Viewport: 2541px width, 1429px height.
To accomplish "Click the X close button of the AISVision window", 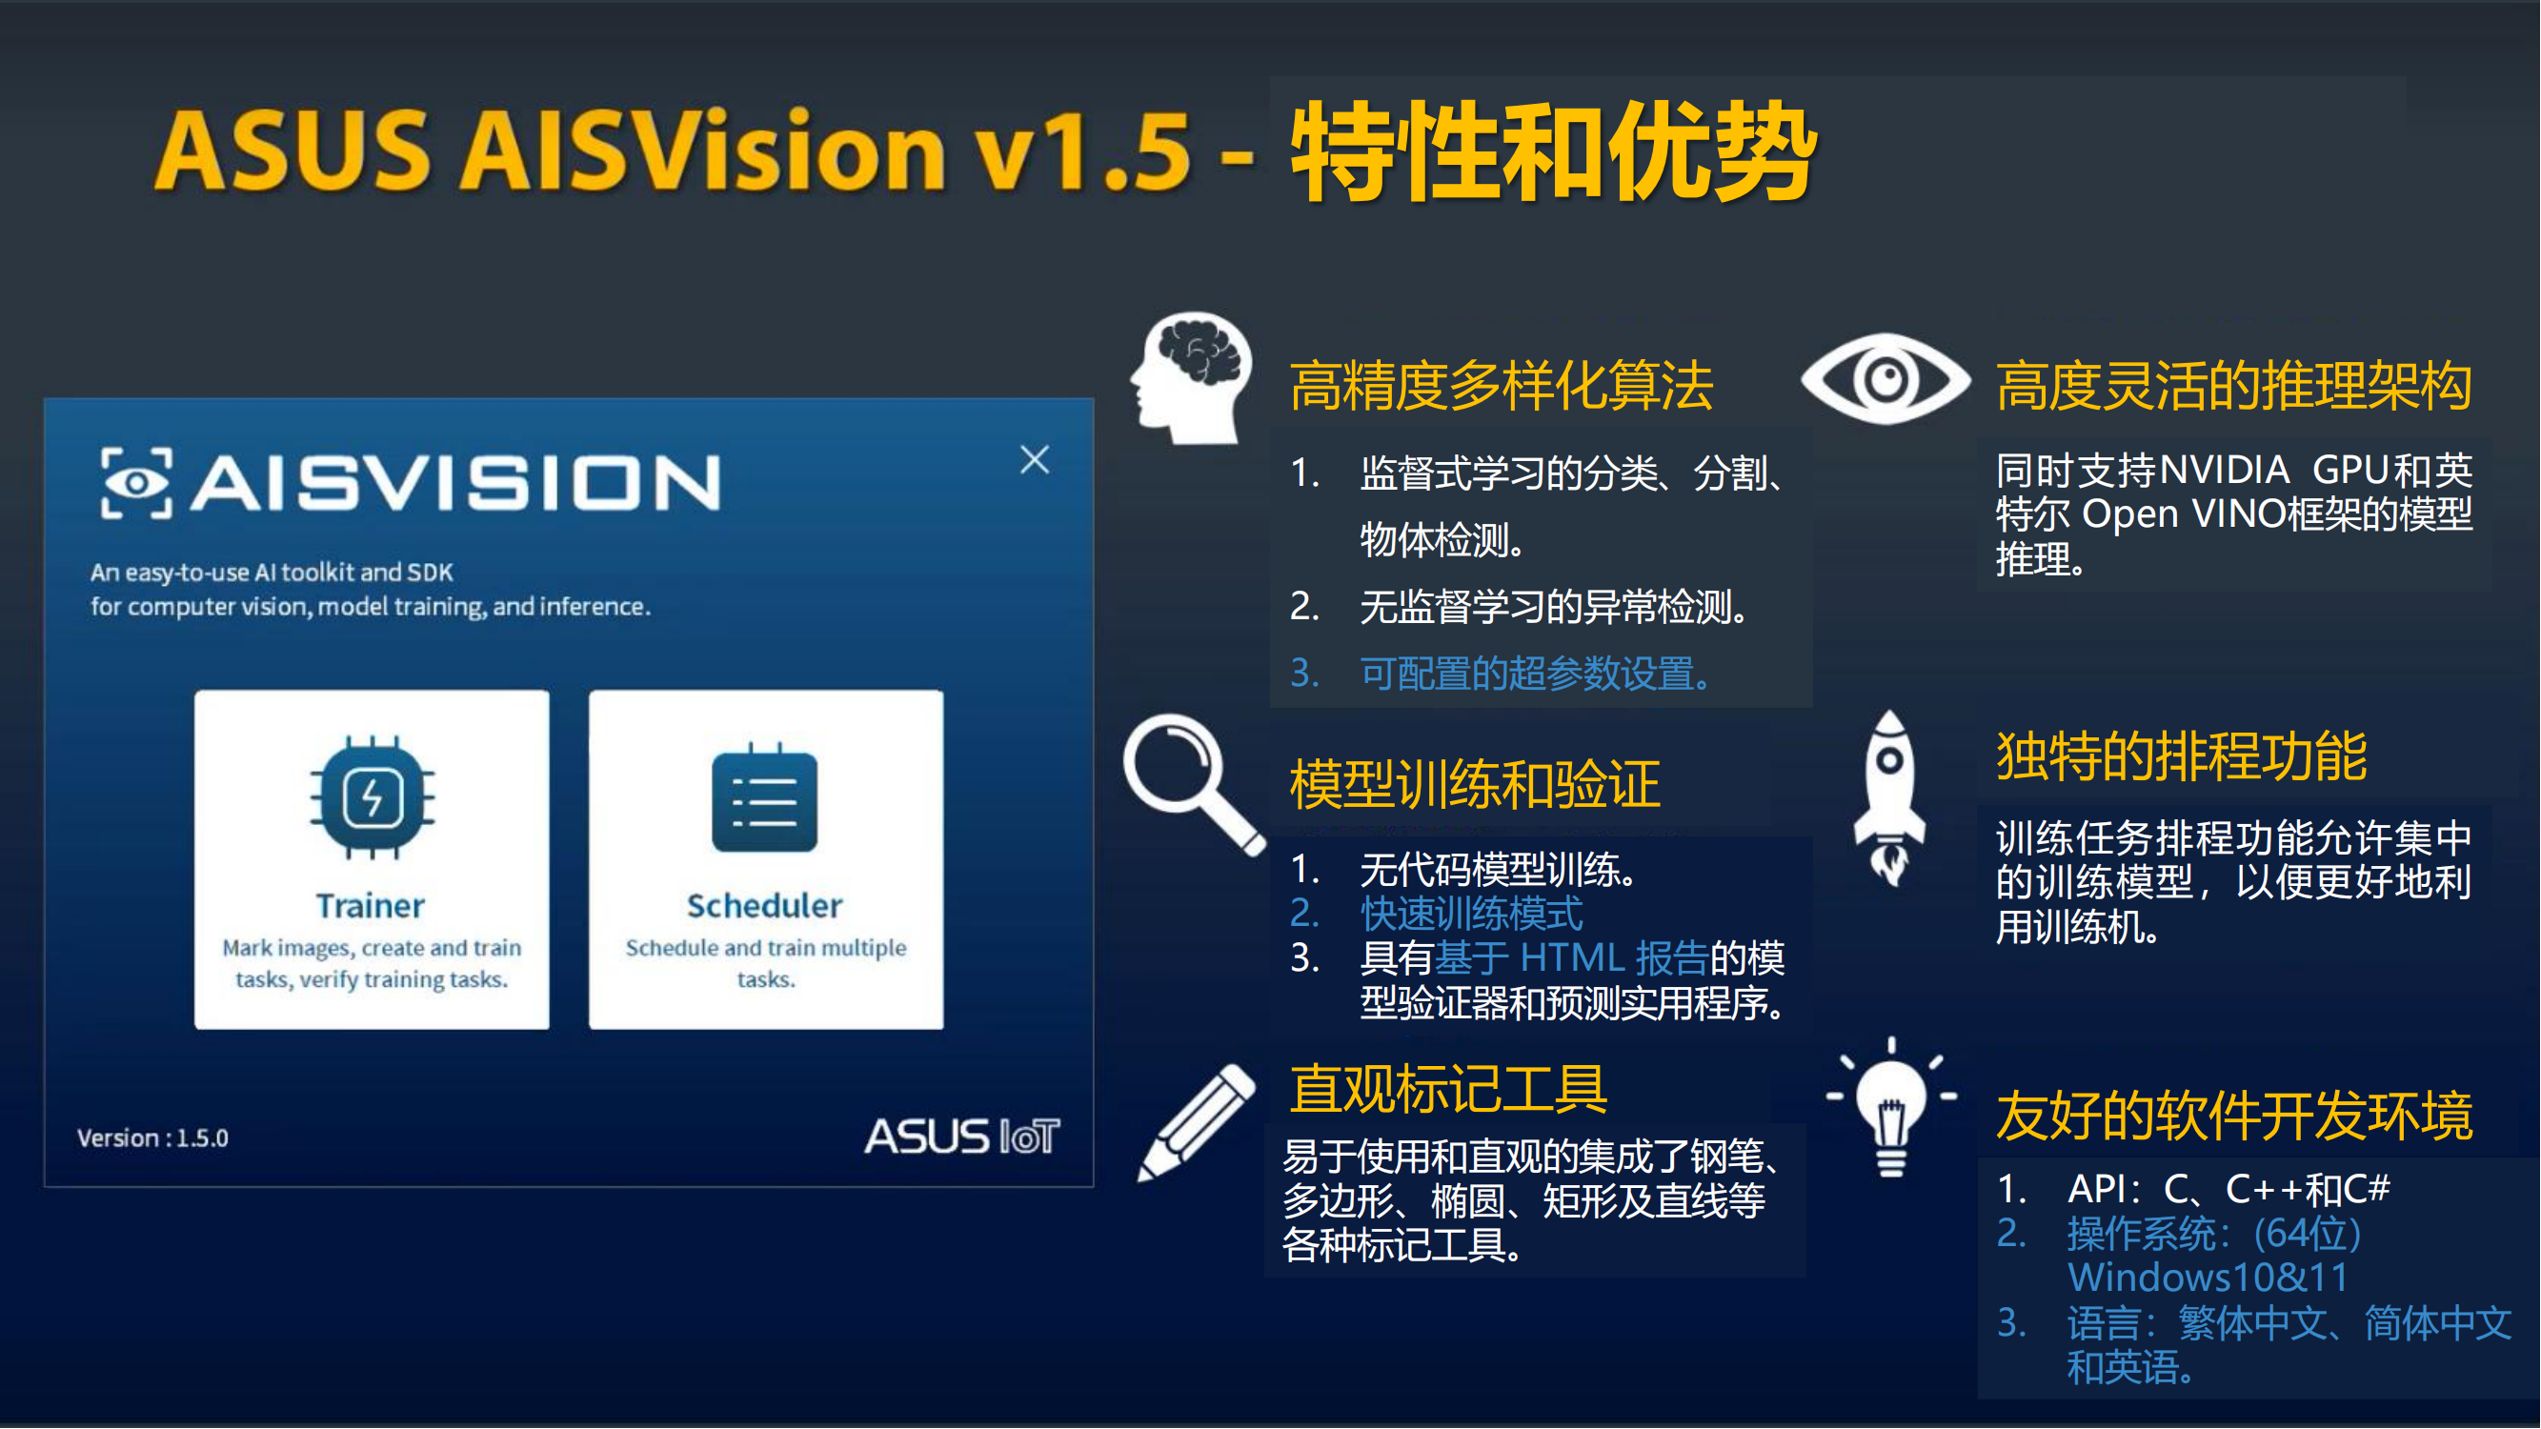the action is click(x=1035, y=459).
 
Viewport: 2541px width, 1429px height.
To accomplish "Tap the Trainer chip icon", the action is click(x=372, y=796).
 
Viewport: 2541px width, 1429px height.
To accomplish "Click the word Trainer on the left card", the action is click(x=370, y=905).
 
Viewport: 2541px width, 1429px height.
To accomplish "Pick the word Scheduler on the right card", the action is click(x=764, y=905).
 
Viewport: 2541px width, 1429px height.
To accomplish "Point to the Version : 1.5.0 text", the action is click(x=152, y=1138).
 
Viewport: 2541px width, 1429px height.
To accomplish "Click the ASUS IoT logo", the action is click(x=961, y=1137).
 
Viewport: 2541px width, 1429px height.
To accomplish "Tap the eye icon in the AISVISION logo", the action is click(x=137, y=482).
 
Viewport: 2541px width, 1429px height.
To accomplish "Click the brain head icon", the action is click(x=1192, y=377).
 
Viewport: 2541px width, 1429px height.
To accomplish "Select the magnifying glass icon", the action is click(x=1194, y=784).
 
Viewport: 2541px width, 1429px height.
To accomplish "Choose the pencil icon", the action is click(x=1197, y=1122).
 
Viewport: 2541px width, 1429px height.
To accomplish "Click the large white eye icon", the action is click(x=1886, y=379).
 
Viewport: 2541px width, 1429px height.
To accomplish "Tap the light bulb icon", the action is click(x=1891, y=1106).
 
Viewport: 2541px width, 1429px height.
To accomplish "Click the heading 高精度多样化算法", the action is click(x=1502, y=386).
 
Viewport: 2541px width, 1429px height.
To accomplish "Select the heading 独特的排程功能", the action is click(x=2181, y=756).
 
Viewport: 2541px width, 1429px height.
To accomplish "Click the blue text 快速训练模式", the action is click(x=1472, y=914).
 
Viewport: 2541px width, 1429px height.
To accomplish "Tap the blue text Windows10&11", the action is click(x=2208, y=1278).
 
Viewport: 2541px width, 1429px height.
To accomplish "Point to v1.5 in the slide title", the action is click(x=1082, y=150).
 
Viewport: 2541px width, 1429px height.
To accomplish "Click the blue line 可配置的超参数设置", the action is click(x=1535, y=674).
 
